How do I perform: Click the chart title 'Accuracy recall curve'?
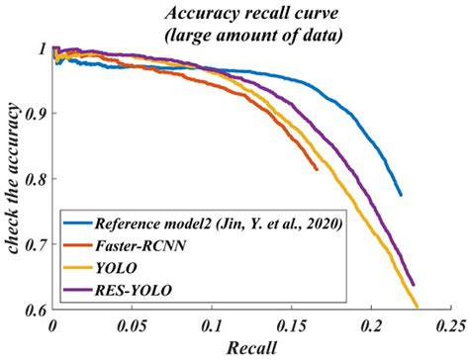coord(253,12)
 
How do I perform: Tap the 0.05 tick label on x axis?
coord(131,324)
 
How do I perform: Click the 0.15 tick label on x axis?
coord(290,324)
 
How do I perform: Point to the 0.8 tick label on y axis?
coord(38,178)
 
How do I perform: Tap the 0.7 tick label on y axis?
coord(38,243)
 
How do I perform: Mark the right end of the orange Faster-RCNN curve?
coord(317,169)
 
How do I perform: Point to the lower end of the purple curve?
coord(414,285)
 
